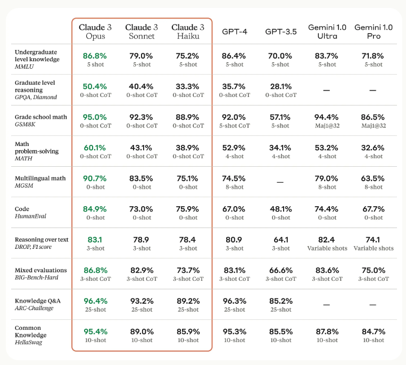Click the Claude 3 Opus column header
click(x=95, y=32)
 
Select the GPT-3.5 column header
click(x=280, y=32)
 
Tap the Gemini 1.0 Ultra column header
click(x=326, y=32)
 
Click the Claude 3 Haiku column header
click(x=188, y=32)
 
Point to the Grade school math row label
click(x=41, y=117)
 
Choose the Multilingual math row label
click(x=41, y=178)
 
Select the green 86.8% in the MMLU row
click(x=95, y=55)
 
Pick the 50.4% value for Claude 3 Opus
click(x=95, y=86)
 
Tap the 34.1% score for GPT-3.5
click(x=280, y=148)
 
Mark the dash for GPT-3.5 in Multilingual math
click(x=280, y=182)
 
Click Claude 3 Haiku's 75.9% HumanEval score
click(x=188, y=209)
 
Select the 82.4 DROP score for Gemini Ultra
click(x=326, y=239)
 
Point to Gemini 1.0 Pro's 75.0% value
click(x=374, y=270)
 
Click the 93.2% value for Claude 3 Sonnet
click(x=142, y=301)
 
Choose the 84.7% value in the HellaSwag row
click(x=374, y=331)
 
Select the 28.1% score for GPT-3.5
click(x=280, y=86)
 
